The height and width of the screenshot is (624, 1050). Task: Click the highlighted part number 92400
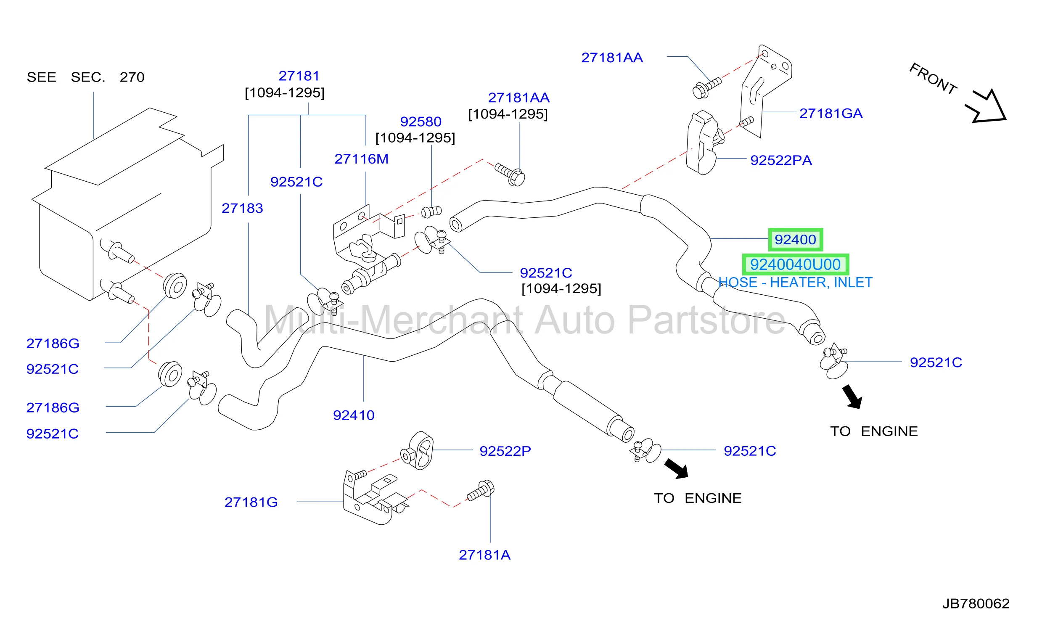coord(795,240)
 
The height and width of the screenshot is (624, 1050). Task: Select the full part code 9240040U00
coord(795,264)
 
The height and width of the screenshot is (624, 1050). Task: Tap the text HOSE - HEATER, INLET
coord(795,283)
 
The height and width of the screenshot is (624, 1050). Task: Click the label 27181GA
coord(831,114)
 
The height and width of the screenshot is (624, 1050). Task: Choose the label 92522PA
coord(781,160)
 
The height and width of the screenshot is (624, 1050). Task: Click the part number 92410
coord(354,415)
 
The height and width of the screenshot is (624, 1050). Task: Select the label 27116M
coord(361,159)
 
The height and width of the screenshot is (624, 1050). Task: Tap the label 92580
coord(421,122)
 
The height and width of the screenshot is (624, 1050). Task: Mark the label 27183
coord(242,208)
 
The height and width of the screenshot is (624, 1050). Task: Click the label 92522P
coord(505,451)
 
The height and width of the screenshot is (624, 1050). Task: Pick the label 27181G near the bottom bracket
coord(251,502)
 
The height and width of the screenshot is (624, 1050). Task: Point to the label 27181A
coord(484,555)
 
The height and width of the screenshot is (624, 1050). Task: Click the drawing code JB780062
coord(976,604)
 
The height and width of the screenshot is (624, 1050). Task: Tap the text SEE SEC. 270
coord(85,77)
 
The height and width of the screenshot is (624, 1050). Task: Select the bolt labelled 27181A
coord(481,490)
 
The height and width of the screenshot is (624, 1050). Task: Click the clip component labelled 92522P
coord(417,451)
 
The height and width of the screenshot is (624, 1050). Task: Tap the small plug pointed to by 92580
coord(431,212)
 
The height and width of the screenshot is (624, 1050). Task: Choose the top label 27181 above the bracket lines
coord(299,76)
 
